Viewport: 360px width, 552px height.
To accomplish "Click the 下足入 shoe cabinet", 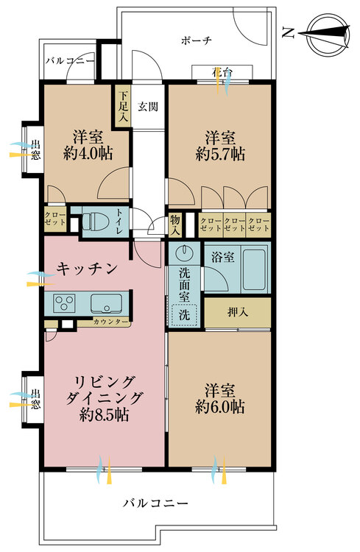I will (121, 106).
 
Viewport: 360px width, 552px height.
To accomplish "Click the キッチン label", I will (87, 269).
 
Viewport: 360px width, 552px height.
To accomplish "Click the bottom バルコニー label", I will (155, 504).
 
